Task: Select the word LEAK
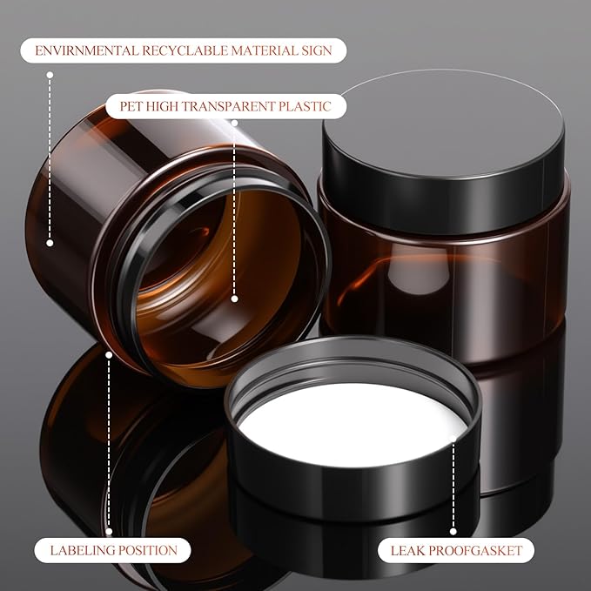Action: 406,550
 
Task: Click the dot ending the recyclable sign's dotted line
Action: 50,244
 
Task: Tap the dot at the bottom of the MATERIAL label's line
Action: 50,244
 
